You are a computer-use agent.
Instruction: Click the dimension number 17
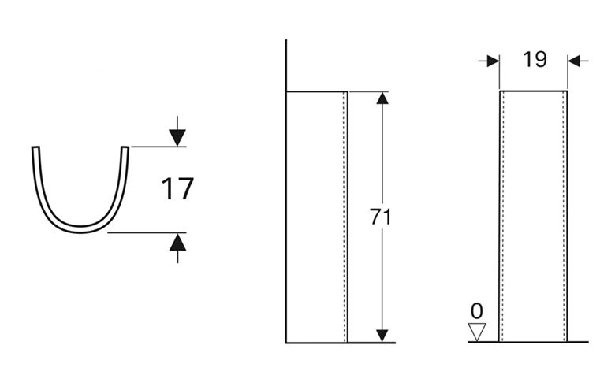177,189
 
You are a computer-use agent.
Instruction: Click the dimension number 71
381,217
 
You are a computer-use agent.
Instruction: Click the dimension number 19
535,60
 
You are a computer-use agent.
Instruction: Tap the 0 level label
477,311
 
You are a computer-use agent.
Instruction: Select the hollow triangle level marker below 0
477,332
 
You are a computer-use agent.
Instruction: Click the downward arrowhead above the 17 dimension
177,138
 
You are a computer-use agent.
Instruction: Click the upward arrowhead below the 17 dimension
177,242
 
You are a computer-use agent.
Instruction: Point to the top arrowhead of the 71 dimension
382,98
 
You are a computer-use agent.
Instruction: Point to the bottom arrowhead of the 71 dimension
382,336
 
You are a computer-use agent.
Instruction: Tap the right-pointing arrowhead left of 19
493,61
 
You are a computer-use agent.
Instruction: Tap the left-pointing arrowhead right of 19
574,61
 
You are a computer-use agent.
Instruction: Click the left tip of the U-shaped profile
35,147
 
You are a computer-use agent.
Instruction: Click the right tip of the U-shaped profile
125,147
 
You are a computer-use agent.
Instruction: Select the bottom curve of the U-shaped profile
80,229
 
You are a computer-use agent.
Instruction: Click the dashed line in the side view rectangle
344,217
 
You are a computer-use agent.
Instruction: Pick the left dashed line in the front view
503,217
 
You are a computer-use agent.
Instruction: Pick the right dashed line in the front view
564,217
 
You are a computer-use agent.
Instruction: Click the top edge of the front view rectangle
534,91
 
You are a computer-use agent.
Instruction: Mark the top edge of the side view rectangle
317,91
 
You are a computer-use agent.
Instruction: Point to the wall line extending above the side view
286,65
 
